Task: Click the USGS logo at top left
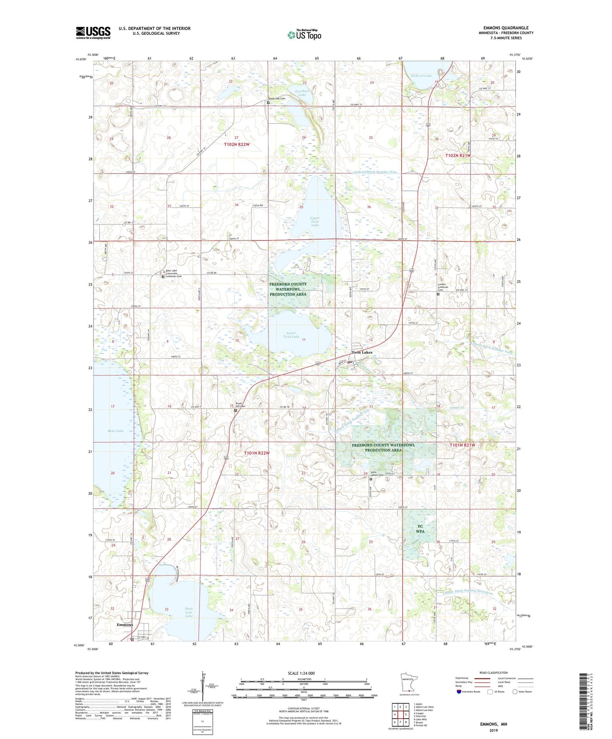(x=93, y=33)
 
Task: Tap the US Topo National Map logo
(x=304, y=35)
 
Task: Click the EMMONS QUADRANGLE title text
(x=506, y=28)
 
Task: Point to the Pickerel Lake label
(x=421, y=76)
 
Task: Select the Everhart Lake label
(x=302, y=93)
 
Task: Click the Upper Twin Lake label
(x=315, y=221)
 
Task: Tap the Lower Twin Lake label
(x=291, y=335)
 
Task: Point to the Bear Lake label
(x=115, y=431)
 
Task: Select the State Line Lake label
(x=189, y=612)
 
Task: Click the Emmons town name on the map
(x=125, y=625)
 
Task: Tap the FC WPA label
(x=420, y=529)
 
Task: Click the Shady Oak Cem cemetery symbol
(x=268, y=102)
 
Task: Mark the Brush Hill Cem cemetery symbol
(x=235, y=410)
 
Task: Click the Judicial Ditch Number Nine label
(x=375, y=172)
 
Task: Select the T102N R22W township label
(x=237, y=144)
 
